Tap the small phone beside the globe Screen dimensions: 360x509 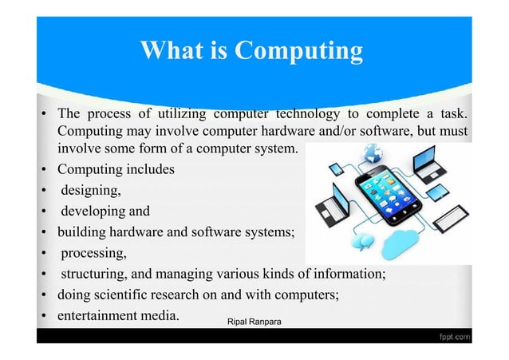(x=336, y=168)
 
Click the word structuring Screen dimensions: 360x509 (x=95, y=274)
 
